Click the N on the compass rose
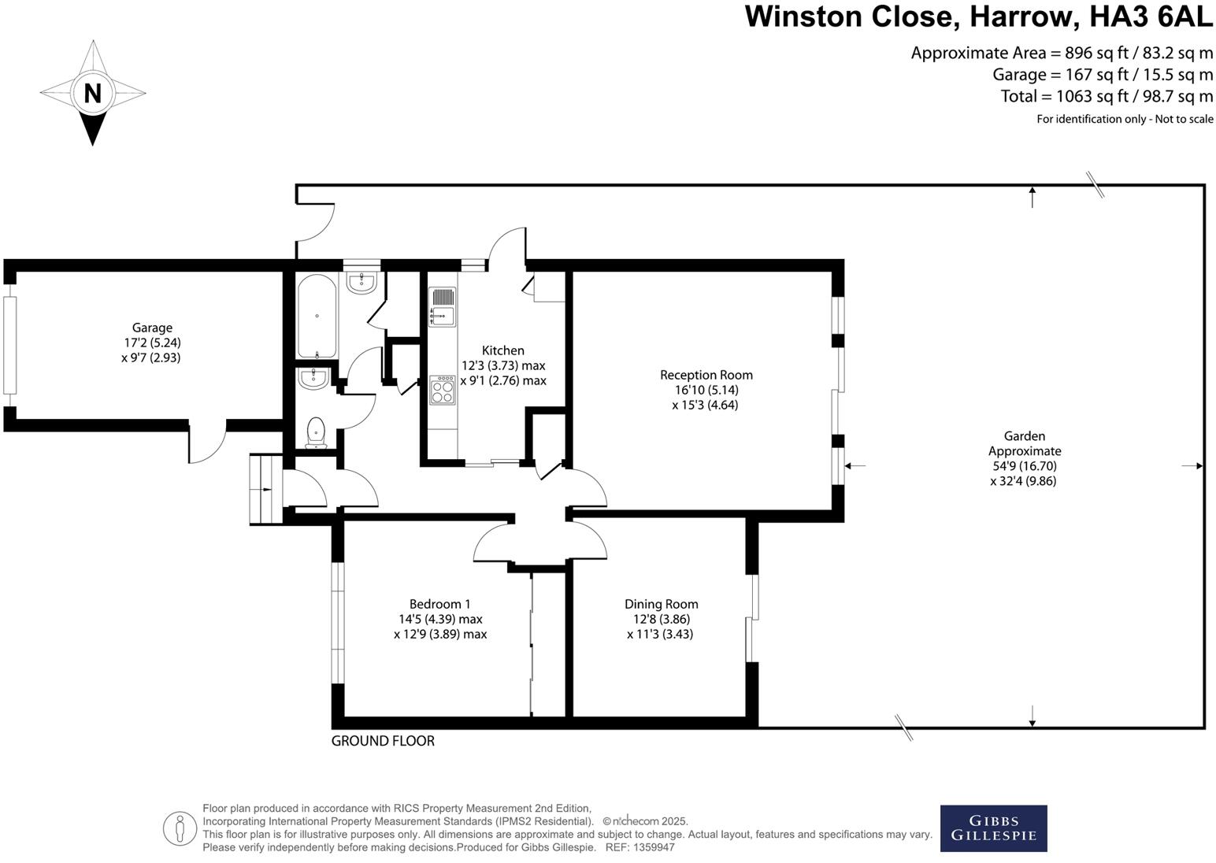pos(93,93)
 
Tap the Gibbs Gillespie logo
pos(993,828)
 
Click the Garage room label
pos(152,328)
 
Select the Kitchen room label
pos(502,350)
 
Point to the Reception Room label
pos(706,375)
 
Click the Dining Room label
pos(661,604)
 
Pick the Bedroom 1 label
pos(439,604)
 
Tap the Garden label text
pos(1024,435)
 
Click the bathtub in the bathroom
pos(317,316)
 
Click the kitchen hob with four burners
pos(443,391)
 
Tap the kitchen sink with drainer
pos(442,307)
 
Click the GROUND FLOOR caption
pos(383,741)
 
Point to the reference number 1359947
pos(651,847)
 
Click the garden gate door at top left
pos(317,224)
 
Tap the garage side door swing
pos(207,446)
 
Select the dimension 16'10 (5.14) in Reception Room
pos(706,390)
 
